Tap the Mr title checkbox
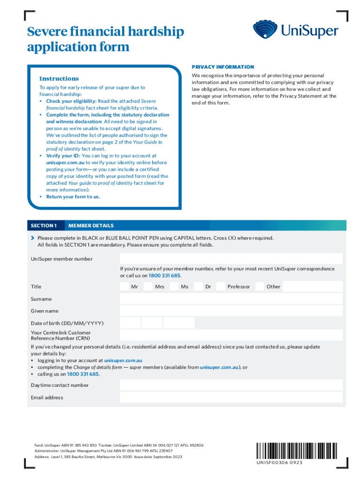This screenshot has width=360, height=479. pos(124,286)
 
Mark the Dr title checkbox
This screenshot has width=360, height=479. pos(198,286)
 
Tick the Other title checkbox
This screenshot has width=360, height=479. pos(259,286)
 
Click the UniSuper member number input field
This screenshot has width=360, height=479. pos(231,259)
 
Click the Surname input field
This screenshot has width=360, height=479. pos(231,299)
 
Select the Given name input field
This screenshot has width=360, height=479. pos(231,311)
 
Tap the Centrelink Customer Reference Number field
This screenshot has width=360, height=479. pos(231,335)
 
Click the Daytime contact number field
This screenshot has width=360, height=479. pos(231,385)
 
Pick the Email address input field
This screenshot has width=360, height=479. pos(231,397)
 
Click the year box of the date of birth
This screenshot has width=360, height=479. pos(179,323)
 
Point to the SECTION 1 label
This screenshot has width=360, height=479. pos(44,225)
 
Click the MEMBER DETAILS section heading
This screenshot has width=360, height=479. pos(91,225)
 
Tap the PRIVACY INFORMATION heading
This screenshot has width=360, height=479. pos(223,67)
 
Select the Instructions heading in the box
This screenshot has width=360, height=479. pos(59,79)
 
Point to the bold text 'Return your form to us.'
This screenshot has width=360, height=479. pos(73,196)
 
